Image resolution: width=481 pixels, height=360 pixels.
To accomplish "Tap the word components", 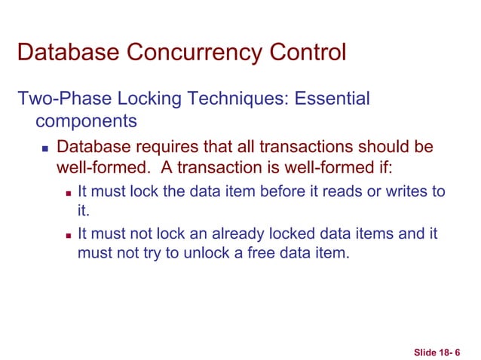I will [x=86, y=121].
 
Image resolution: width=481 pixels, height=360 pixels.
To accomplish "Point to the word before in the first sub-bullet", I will [x=284, y=191].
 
